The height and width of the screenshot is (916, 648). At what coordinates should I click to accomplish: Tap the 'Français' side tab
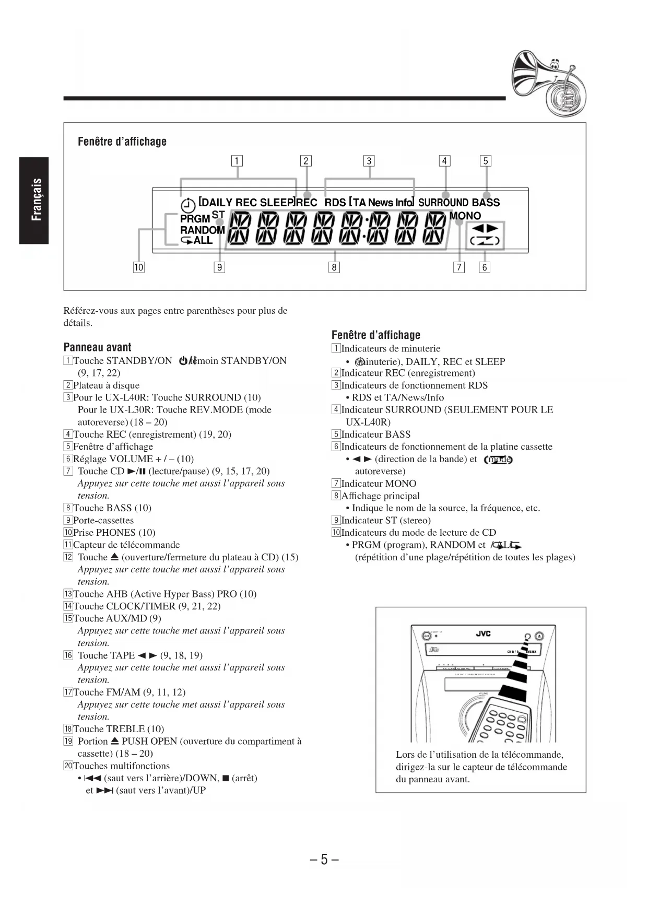[x=34, y=200]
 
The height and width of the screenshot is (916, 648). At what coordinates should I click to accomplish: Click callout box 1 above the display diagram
[x=237, y=161]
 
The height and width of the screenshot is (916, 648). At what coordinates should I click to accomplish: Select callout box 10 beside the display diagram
[x=138, y=267]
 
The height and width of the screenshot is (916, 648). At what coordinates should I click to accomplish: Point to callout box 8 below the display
[x=334, y=267]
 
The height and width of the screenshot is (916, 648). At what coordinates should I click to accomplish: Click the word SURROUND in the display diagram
[x=443, y=203]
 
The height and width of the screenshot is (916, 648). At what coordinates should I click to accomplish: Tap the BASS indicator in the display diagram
[x=486, y=203]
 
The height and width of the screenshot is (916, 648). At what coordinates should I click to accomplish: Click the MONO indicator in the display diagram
[x=465, y=216]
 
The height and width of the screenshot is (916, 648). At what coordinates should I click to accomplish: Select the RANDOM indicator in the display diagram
[x=202, y=230]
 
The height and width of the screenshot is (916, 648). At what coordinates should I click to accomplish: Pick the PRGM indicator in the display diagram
[x=195, y=219]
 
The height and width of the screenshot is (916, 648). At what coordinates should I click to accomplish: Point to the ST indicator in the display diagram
[x=218, y=215]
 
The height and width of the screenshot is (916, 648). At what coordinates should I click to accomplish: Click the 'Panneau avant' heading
[x=97, y=347]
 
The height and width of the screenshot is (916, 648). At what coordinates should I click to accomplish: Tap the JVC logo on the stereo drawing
[x=483, y=633]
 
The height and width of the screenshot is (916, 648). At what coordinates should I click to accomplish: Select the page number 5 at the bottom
[x=324, y=859]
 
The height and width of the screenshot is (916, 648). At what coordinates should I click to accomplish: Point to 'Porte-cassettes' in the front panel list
[x=103, y=520]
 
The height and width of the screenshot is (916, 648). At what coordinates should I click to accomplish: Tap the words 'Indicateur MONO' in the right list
[x=379, y=484]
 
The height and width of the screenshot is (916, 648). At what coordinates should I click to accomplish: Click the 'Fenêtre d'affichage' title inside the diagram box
[x=122, y=142]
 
